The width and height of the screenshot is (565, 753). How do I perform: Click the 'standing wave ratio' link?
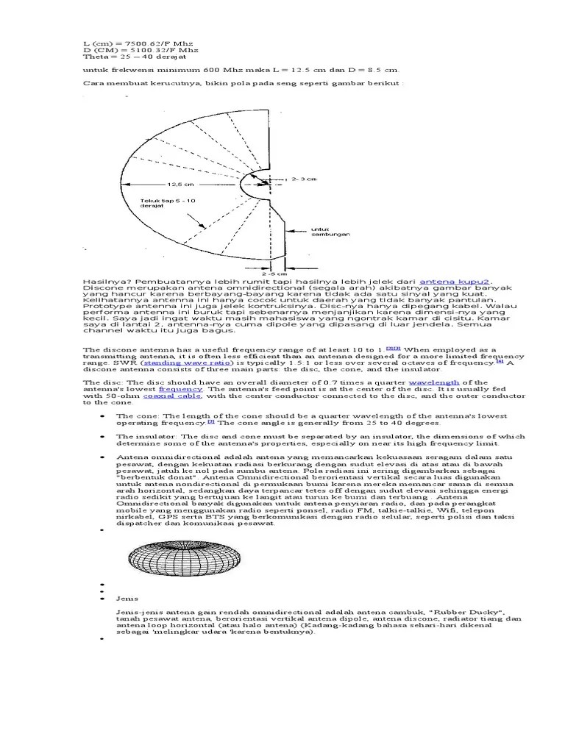point(175,363)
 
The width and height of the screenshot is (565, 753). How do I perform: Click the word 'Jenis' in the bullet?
point(127,598)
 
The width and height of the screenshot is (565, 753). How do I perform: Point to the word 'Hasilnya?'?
point(103,281)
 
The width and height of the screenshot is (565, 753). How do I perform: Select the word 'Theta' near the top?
point(94,56)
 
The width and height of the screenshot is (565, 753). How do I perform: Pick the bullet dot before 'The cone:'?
point(100,416)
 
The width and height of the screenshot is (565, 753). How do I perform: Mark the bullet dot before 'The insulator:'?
point(100,437)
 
